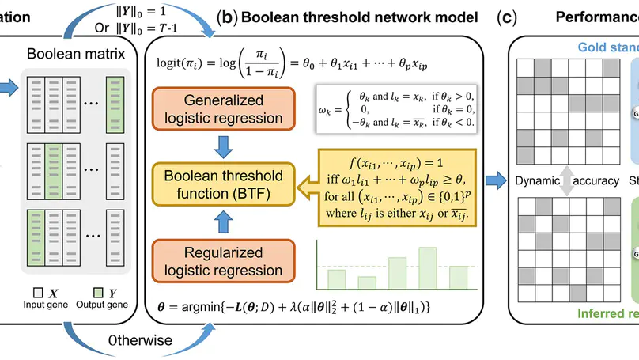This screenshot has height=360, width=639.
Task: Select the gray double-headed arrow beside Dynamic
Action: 565,181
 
